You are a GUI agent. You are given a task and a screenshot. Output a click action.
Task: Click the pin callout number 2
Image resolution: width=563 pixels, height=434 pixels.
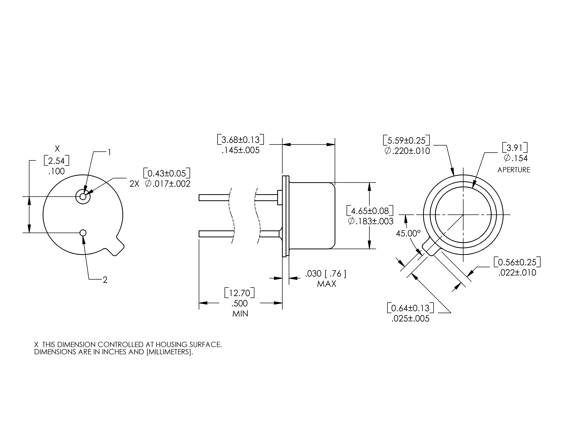point(105,280)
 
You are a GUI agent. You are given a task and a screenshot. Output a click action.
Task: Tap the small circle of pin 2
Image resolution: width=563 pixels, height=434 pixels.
point(83,233)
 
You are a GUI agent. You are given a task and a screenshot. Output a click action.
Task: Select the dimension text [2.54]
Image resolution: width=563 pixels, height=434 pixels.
point(56,161)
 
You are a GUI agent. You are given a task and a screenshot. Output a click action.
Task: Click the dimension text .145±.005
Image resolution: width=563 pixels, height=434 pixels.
point(241,150)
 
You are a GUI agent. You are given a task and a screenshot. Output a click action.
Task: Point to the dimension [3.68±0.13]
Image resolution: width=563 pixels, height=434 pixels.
point(241,140)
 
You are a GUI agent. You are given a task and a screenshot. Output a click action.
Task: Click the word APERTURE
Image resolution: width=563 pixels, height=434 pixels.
point(514,170)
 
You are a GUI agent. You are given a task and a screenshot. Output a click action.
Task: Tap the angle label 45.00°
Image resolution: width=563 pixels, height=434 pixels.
point(408,234)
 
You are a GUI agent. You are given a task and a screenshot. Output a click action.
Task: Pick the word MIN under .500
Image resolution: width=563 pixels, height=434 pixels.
point(240,314)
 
